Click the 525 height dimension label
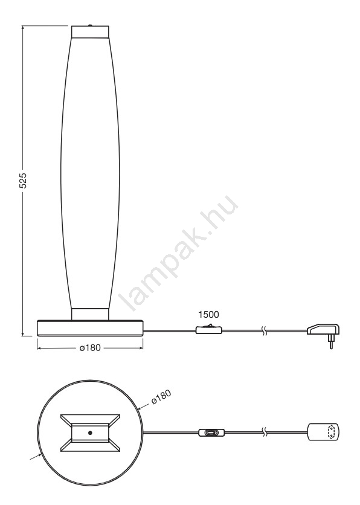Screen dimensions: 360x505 tap(23, 181)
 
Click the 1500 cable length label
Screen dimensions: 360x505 tap(208, 314)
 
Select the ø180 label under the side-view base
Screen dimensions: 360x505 tap(90, 348)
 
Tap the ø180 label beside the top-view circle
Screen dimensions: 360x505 tap(161, 397)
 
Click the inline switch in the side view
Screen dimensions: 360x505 tap(208, 329)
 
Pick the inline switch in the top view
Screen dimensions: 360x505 tap(211, 433)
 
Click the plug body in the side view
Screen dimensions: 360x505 tap(323, 329)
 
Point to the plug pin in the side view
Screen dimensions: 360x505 tap(331, 342)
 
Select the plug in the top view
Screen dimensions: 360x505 tap(323, 431)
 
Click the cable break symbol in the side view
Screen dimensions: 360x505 tap(264, 330)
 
